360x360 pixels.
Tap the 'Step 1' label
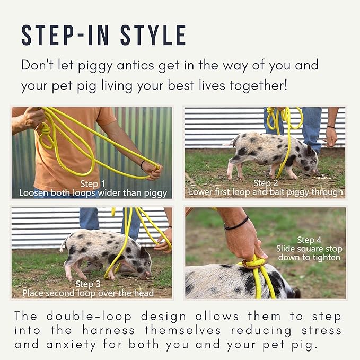click(x=91, y=183)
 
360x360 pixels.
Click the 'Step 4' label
click(x=309, y=240)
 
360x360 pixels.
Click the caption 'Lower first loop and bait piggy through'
click(x=266, y=192)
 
